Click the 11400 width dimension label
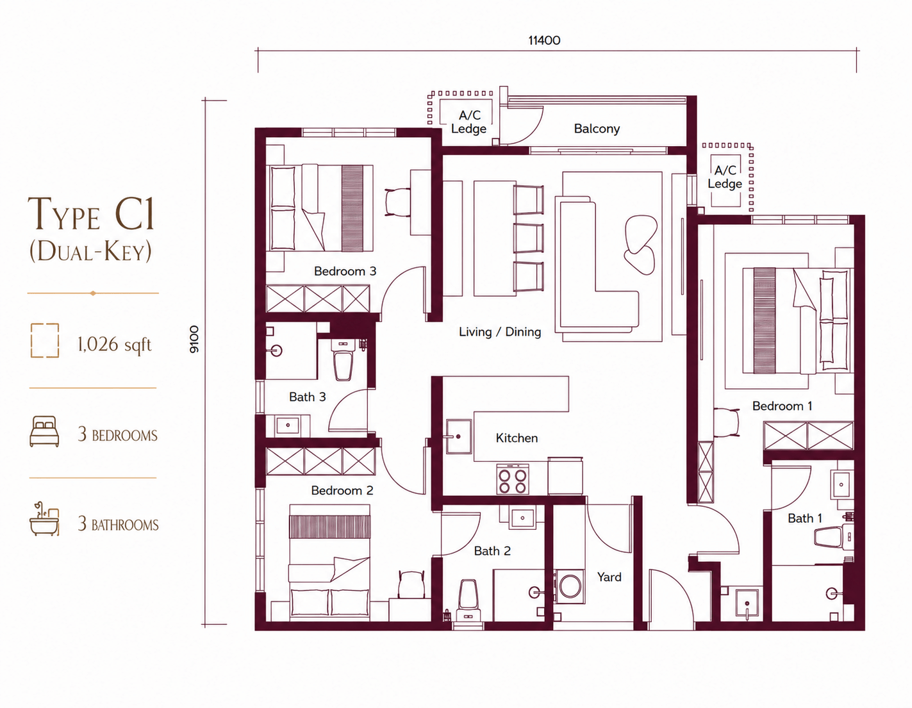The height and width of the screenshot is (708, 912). (544, 40)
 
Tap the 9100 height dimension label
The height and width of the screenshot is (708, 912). (194, 340)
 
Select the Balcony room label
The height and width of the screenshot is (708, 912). (597, 128)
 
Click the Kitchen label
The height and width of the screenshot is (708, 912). (517, 438)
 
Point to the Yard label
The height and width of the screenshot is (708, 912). (609, 577)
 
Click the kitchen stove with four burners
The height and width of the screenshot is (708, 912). (513, 479)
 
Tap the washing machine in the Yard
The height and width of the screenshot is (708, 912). (570, 586)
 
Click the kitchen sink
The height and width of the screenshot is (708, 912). (458, 436)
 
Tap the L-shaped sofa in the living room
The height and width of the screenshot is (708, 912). (597, 263)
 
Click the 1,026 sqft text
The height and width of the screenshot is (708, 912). (114, 345)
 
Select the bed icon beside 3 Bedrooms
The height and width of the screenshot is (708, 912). (44, 431)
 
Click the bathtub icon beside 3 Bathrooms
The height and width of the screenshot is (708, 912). (44, 518)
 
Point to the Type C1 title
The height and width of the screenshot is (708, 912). (92, 215)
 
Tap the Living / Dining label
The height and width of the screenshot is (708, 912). (500, 332)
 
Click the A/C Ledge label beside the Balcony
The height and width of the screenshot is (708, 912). (469, 122)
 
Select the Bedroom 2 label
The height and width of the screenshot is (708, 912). (342, 490)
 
